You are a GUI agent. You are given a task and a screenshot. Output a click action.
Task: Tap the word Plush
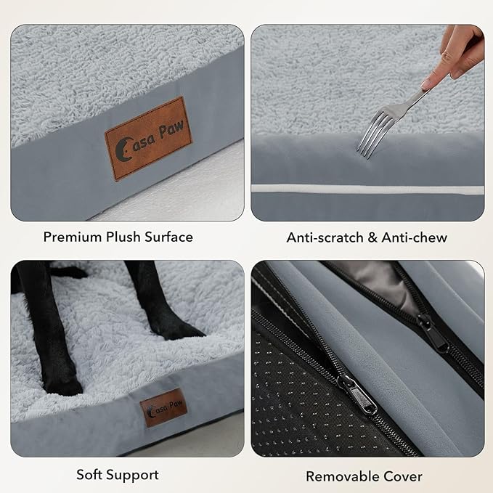[x=124, y=237]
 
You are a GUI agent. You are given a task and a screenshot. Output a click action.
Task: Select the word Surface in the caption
[x=169, y=237]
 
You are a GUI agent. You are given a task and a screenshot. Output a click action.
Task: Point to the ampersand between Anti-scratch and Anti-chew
[x=371, y=237]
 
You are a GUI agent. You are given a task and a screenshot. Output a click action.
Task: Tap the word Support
[x=135, y=475]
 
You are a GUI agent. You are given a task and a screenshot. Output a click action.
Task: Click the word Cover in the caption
[x=404, y=476]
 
